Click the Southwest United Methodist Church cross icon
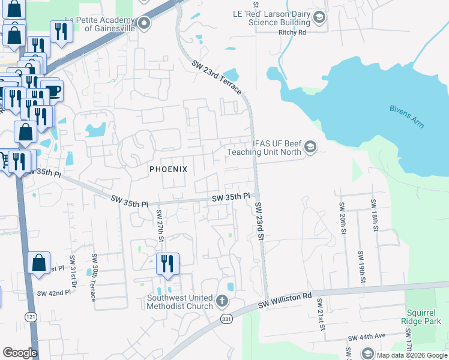click(x=222, y=301)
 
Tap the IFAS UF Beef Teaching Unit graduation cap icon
click(x=310, y=147)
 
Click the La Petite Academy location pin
click(x=144, y=24)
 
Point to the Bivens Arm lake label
click(x=406, y=115)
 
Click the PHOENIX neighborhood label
click(x=168, y=169)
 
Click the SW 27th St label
click(x=160, y=226)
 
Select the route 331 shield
click(x=226, y=319)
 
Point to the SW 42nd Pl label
click(x=50, y=293)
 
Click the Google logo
click(x=20, y=353)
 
